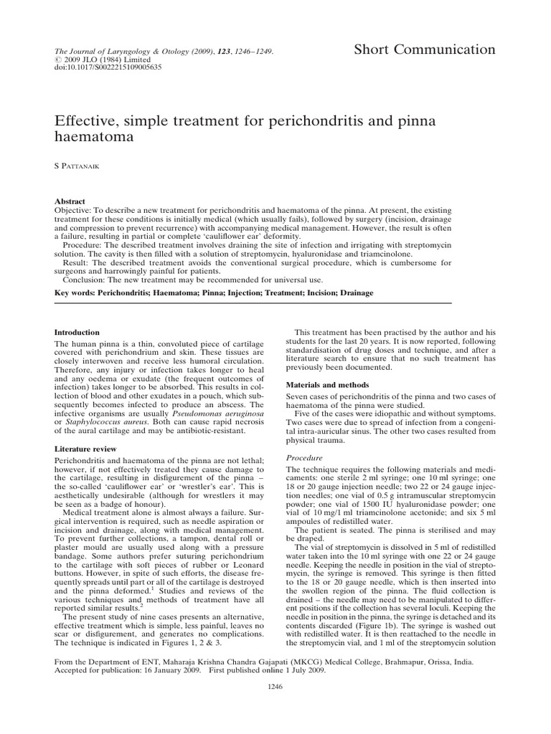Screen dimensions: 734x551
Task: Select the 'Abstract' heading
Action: [x=70, y=202]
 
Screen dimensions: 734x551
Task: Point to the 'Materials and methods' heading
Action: [x=326, y=384]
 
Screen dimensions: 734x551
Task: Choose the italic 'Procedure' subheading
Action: [x=305, y=457]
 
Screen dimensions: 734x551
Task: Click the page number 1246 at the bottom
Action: [x=275, y=706]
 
